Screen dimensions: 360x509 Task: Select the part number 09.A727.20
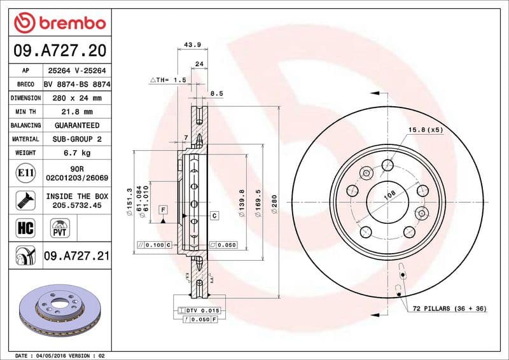[x=59, y=50]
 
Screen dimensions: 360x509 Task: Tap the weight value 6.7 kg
[x=78, y=153]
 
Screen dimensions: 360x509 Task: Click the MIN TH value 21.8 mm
[x=78, y=112]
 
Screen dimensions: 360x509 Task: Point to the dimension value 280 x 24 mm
[x=78, y=98]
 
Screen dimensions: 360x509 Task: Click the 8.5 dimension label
[x=216, y=93]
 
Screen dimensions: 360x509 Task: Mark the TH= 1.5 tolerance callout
[x=168, y=80]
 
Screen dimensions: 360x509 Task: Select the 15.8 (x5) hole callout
[x=425, y=130]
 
